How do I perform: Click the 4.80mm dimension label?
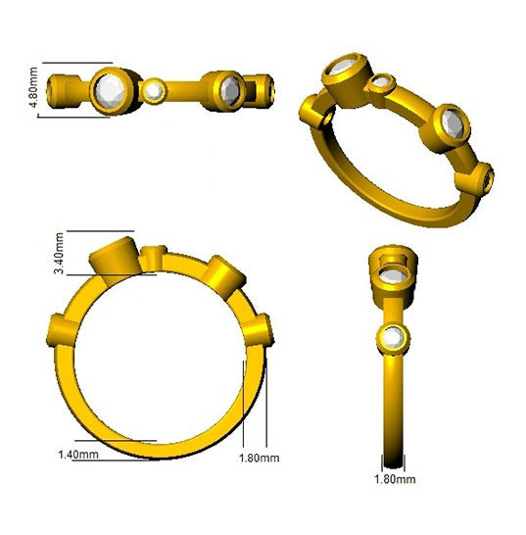pos(33,87)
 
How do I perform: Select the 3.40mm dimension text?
pos(59,253)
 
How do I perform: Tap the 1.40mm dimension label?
pos(78,455)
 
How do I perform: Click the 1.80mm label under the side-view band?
pos(395,479)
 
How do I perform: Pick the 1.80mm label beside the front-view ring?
pos(260,458)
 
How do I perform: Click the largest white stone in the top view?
pos(110,91)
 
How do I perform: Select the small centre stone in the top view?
pos(153,91)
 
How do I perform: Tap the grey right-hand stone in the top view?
pos(230,90)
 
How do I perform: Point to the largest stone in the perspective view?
pos(342,67)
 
